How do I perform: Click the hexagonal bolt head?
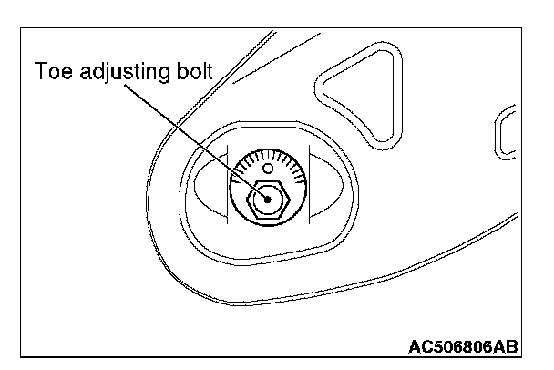tap(268, 198)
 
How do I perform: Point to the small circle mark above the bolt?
tap(267, 169)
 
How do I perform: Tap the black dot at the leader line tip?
tap(265, 194)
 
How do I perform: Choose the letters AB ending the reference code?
tap(508, 346)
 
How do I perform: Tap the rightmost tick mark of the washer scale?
tap(298, 181)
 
